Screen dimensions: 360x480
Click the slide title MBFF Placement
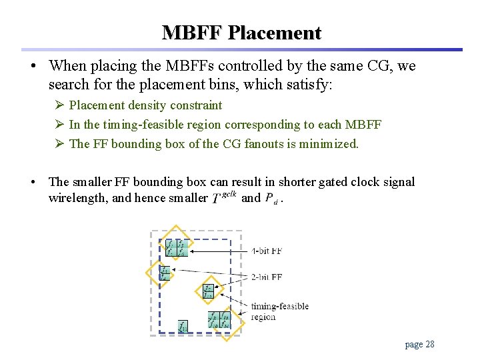(x=241, y=33)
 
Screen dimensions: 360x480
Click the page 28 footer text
(x=419, y=344)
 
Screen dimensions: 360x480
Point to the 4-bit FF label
(x=267, y=251)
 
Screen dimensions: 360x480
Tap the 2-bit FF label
(x=267, y=277)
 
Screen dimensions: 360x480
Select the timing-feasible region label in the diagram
(x=279, y=311)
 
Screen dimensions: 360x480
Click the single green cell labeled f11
(x=183, y=327)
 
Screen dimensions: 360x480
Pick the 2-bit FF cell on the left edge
(x=164, y=273)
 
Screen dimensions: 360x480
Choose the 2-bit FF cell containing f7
(x=209, y=291)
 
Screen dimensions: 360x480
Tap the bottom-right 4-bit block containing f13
(x=219, y=320)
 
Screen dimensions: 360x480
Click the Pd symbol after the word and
(x=271, y=199)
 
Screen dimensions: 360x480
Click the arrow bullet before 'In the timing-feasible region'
(x=59, y=125)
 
